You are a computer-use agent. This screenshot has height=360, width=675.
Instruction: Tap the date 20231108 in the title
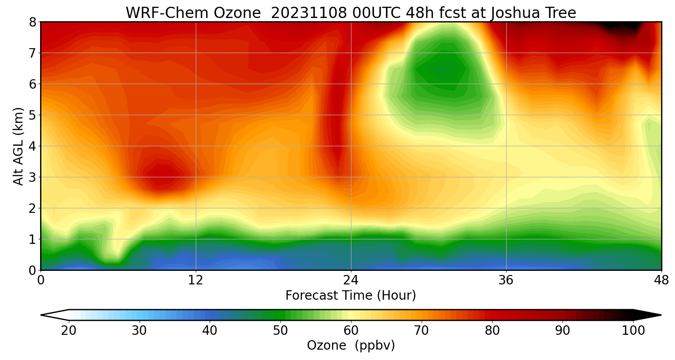coord(309,13)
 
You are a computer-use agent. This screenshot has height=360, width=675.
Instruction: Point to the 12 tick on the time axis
coord(196,279)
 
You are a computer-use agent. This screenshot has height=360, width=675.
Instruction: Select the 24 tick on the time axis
coord(351,279)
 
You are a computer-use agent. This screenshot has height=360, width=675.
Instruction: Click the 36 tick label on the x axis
coord(506,279)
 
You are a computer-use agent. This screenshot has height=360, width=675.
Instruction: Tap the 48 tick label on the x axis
coord(661,279)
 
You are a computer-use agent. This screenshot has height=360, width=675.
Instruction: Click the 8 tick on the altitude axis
coord(32,22)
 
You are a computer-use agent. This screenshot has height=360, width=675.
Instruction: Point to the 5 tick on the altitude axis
coord(32,115)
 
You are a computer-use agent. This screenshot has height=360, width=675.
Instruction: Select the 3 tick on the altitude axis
coord(32,177)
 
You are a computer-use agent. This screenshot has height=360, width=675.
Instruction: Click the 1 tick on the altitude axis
coord(32,239)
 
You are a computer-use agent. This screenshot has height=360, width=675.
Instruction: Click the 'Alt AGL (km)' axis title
coord(18,146)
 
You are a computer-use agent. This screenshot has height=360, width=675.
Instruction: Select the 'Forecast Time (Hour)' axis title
coord(351,296)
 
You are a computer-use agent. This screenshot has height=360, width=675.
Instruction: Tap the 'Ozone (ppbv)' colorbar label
coord(351,346)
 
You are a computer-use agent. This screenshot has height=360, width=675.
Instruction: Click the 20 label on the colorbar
coord(69,331)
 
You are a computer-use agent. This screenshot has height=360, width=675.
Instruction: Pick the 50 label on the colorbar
coord(280,331)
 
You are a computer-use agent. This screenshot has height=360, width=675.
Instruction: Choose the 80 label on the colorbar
coord(492,331)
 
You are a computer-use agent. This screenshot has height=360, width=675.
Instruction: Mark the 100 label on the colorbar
coord(633,331)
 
